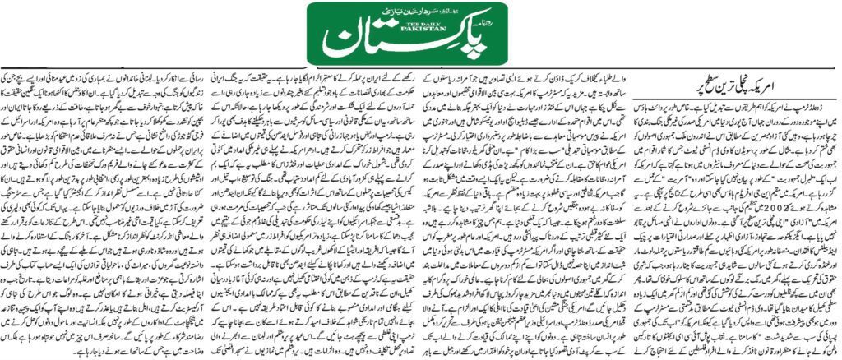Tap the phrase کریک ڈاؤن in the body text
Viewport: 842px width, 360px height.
coord(576,72)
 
